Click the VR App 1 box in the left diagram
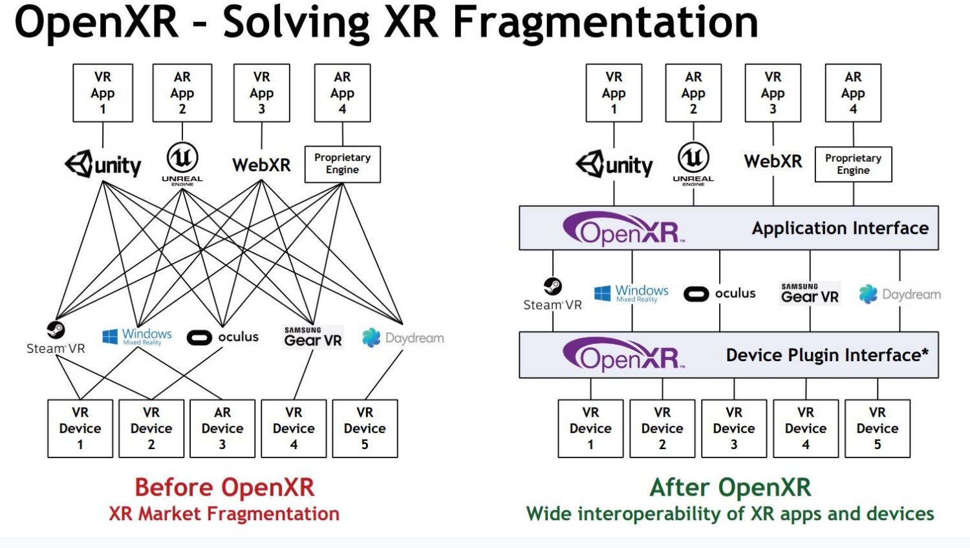click(x=103, y=93)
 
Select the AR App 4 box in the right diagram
click(x=853, y=93)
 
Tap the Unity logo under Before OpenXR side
click(x=103, y=164)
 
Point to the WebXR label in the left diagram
click(x=261, y=165)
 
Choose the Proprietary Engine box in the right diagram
click(x=853, y=164)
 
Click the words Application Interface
click(x=839, y=228)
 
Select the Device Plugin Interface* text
click(x=826, y=355)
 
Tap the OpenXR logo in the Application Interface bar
click(x=623, y=229)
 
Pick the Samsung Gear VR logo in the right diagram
click(x=810, y=293)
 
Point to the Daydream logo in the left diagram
click(x=403, y=337)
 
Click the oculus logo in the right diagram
click(x=719, y=293)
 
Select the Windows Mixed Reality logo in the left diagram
click(x=137, y=336)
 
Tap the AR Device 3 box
click(x=222, y=428)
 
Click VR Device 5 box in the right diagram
click(x=877, y=428)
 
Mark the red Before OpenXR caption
click(x=224, y=487)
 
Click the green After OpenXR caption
click(x=730, y=487)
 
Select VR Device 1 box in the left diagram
click(x=80, y=428)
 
